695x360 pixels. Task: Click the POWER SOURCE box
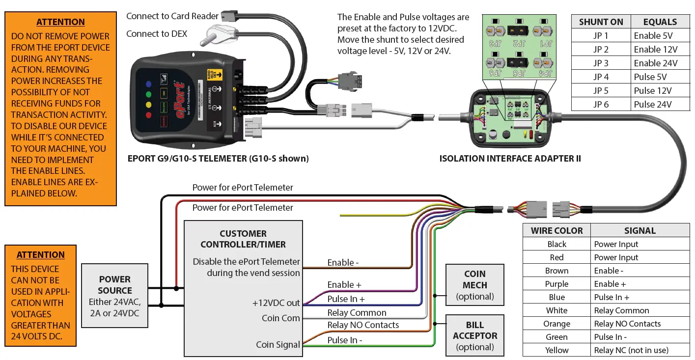pyautogui.click(x=114, y=296)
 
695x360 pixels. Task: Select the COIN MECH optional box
pyautogui.click(x=474, y=285)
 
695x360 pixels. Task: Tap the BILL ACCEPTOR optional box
pyautogui.click(x=474, y=336)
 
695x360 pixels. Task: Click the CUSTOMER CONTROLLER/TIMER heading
pyautogui.click(x=243, y=239)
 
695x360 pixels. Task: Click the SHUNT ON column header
pyautogui.click(x=601, y=22)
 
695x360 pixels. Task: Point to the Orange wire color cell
pyautogui.click(x=556, y=324)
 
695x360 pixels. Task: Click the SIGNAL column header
pyautogui.click(x=639, y=230)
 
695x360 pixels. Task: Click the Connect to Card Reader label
pyautogui.click(x=172, y=16)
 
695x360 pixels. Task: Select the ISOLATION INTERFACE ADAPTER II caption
pyautogui.click(x=510, y=159)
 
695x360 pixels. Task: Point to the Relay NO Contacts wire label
pyautogui.click(x=363, y=325)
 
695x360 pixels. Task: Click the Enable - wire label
pyautogui.click(x=343, y=263)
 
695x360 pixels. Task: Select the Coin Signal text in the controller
pyautogui.click(x=278, y=345)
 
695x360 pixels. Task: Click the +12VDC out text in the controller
pyautogui.click(x=276, y=304)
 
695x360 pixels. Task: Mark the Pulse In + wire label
pyautogui.click(x=346, y=299)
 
